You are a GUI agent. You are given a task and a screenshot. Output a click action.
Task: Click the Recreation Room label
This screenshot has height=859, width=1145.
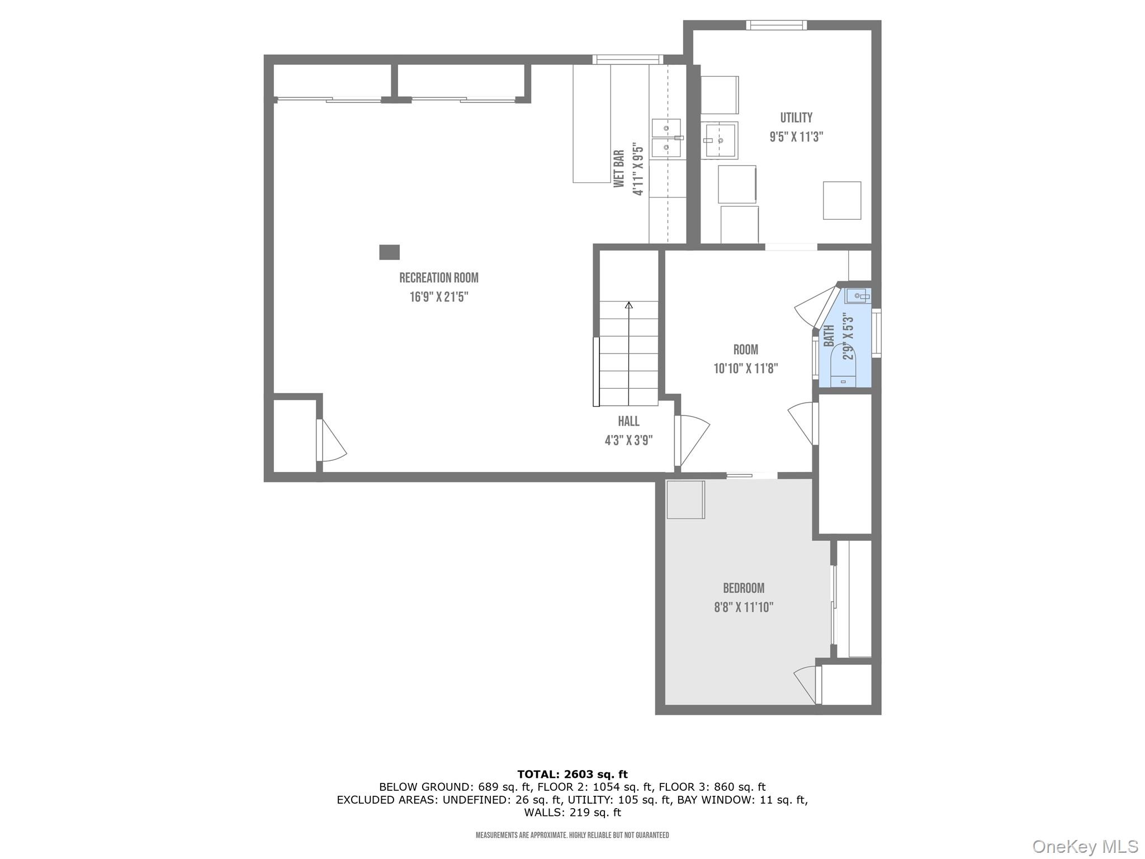click(438, 278)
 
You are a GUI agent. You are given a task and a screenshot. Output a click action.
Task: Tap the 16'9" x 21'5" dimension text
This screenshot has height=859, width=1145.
click(438, 297)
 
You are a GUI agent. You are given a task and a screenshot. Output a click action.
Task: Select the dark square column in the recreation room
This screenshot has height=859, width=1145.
click(389, 252)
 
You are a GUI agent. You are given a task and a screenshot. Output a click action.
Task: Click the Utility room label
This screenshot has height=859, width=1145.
click(796, 118)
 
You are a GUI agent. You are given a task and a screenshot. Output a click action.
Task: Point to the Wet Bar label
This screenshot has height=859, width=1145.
click(619, 168)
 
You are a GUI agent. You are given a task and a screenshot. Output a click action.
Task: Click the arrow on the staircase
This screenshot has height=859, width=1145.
click(629, 305)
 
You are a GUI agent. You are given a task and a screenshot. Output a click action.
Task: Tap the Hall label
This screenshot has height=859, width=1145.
click(628, 421)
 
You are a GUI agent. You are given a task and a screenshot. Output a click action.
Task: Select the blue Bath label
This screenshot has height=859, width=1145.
click(829, 336)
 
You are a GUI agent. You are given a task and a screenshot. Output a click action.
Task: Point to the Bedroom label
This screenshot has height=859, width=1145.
click(744, 588)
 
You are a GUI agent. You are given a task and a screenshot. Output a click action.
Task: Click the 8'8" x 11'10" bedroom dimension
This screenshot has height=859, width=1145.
click(744, 607)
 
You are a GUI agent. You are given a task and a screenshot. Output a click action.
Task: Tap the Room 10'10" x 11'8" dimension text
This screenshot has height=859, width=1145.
click(745, 369)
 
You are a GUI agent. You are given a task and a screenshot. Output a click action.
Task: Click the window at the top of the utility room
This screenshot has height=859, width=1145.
click(776, 25)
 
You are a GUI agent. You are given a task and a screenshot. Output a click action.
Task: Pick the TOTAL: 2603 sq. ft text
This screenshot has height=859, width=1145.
click(572, 774)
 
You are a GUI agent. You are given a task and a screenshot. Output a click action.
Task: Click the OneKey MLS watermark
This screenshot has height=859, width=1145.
click(1085, 847)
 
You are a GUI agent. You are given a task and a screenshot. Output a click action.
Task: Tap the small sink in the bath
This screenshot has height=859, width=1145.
click(857, 296)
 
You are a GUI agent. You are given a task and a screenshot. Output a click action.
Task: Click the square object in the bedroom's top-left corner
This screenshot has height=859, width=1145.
click(685, 499)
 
